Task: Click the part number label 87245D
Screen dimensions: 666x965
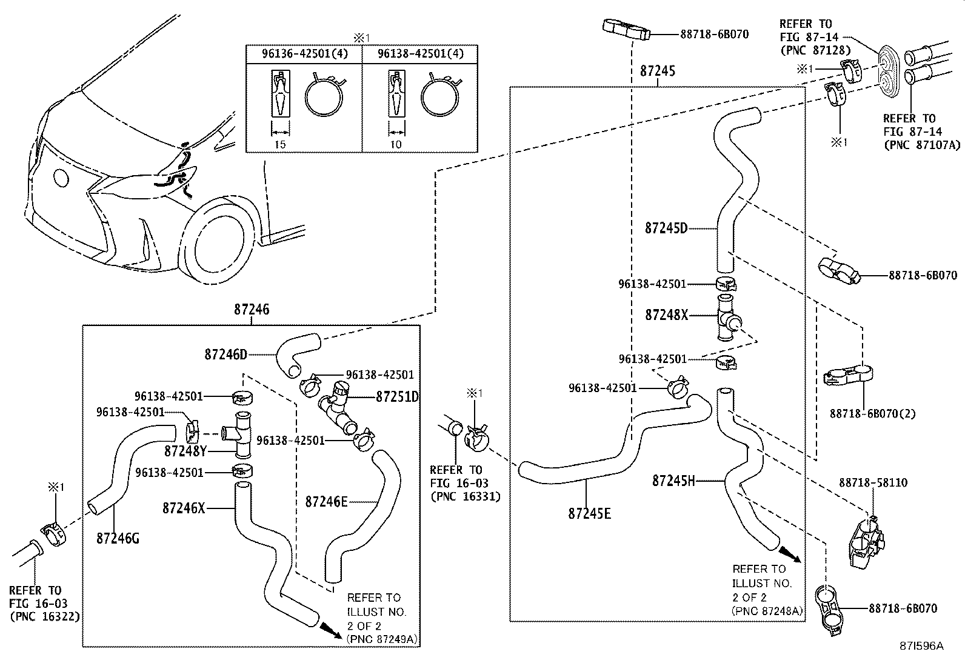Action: point(666,228)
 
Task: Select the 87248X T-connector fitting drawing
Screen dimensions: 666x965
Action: point(726,318)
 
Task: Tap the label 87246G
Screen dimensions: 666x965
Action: point(117,538)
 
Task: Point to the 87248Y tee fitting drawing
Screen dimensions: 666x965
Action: point(240,432)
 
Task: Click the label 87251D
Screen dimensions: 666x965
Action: point(397,397)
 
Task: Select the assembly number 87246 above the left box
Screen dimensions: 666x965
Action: point(252,310)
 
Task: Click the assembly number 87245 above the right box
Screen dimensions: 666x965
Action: point(657,71)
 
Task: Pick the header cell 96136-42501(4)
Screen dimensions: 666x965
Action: point(304,54)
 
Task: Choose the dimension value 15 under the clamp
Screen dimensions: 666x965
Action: point(279,144)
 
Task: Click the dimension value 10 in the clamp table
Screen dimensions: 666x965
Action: point(395,144)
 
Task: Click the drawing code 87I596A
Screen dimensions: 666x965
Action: point(921,646)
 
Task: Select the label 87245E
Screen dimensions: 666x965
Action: point(589,514)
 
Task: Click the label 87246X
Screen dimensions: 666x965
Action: point(184,508)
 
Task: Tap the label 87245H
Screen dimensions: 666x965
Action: point(673,481)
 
